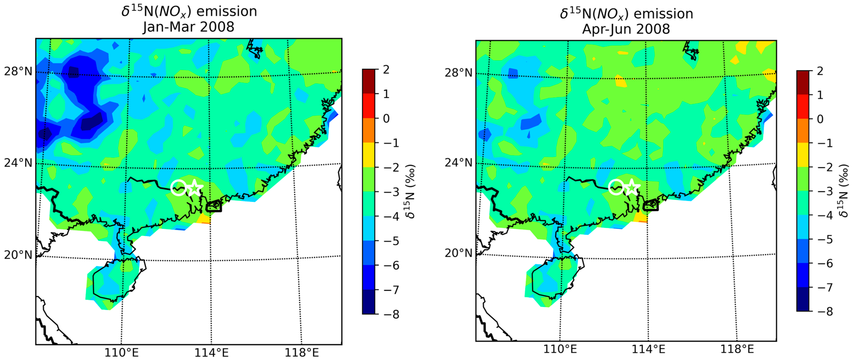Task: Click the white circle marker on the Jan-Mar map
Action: [179, 188]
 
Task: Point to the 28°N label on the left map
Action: [18, 71]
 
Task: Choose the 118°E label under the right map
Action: [737, 349]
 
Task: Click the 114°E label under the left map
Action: [212, 353]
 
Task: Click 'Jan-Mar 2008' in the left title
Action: [189, 27]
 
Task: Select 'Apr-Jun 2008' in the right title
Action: [626, 29]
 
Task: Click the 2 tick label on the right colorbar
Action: [820, 71]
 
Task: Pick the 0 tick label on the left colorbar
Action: [386, 118]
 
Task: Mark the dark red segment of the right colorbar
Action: [803, 83]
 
